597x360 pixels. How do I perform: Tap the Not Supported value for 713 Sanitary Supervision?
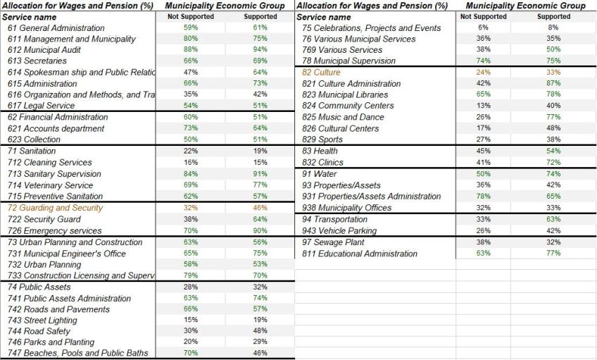190,174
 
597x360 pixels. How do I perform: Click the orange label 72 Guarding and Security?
54,208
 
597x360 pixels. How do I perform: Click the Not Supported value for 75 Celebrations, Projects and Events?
483,28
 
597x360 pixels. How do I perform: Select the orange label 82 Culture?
321,73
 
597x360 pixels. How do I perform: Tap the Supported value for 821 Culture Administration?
553,84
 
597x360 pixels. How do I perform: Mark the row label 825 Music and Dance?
343,117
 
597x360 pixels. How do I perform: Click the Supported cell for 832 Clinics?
553,163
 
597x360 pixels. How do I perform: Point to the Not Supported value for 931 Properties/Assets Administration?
483,197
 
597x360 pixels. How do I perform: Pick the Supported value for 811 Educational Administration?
553,254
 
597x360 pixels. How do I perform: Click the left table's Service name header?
30,17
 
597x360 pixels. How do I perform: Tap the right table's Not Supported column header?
483,17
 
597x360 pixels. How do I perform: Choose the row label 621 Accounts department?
56,129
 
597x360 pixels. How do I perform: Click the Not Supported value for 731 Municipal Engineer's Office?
190,254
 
